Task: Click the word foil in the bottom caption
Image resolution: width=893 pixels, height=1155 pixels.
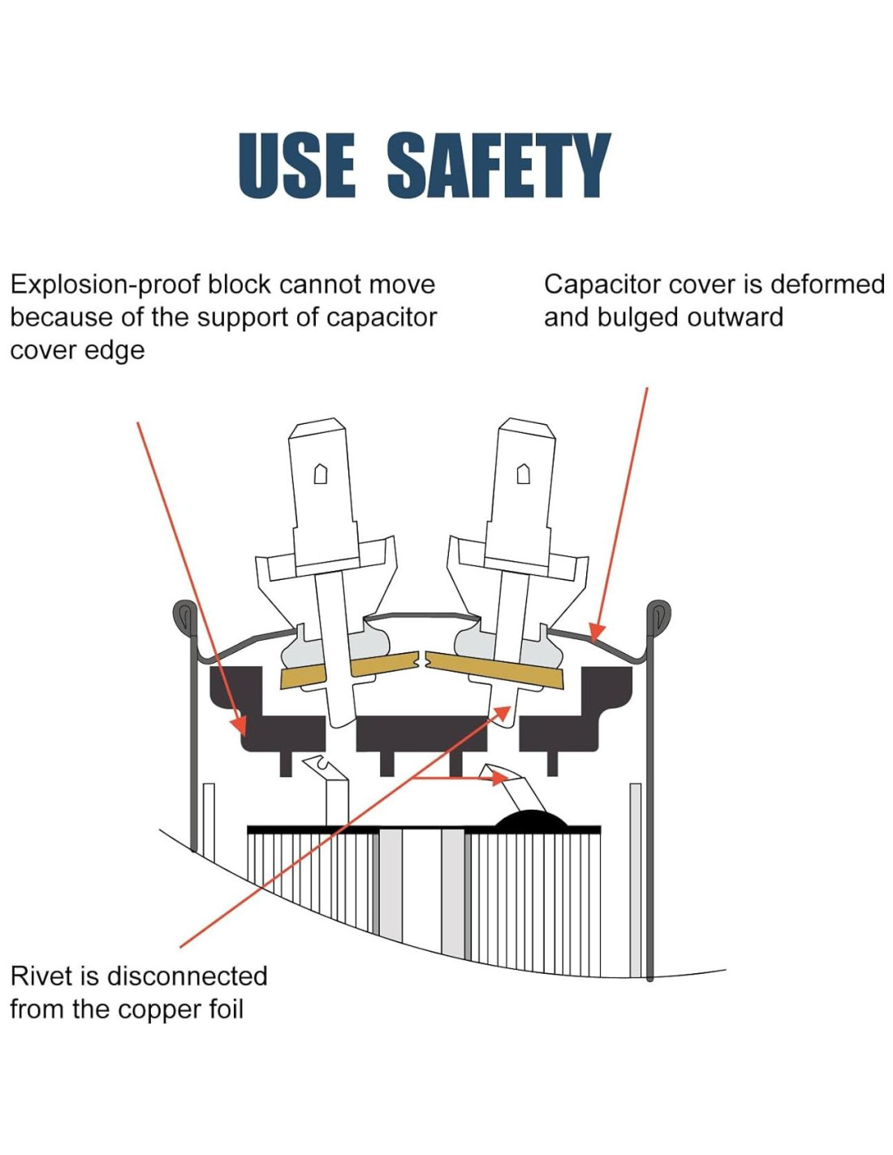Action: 225,1009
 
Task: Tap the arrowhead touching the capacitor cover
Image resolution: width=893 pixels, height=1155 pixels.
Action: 597,631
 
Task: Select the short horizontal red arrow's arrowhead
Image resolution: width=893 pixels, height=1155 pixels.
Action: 498,777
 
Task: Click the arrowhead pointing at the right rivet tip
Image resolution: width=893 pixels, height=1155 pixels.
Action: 504,712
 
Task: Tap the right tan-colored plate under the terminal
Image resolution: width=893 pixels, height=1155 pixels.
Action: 495,668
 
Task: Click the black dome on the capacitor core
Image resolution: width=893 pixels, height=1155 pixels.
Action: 532,820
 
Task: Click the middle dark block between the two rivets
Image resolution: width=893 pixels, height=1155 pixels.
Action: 421,733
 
